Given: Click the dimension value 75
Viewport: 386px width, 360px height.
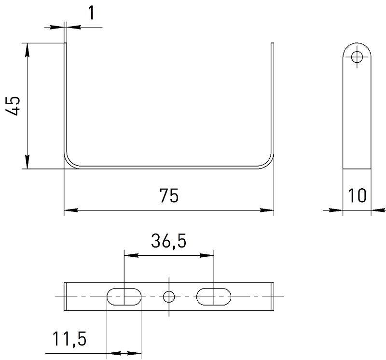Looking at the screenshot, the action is click(x=169, y=195).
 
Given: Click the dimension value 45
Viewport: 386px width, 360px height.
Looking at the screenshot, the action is click(x=13, y=106).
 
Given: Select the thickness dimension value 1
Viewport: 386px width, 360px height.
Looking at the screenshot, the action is click(x=91, y=13).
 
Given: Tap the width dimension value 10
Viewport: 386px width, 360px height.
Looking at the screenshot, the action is click(x=357, y=195).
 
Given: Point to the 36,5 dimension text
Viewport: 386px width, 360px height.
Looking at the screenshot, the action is click(x=168, y=241).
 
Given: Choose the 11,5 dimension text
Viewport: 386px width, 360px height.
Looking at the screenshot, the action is click(x=69, y=339).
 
